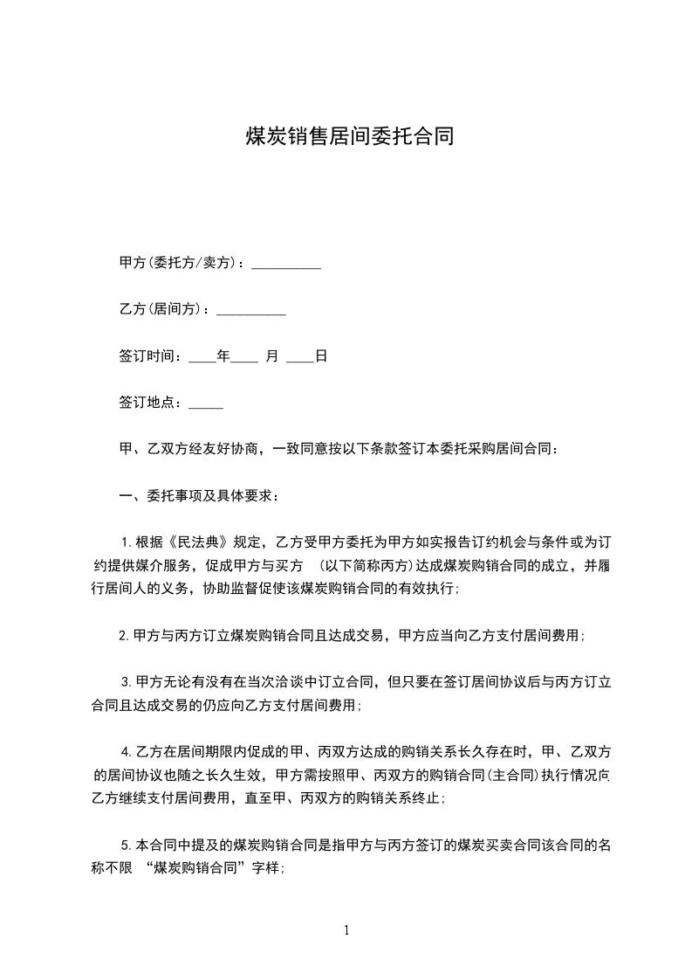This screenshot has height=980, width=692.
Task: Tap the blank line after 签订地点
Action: pyautogui.click(x=206, y=404)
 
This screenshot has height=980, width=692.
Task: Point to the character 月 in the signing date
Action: pyautogui.click(x=271, y=357)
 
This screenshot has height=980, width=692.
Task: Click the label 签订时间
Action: pyautogui.click(x=148, y=357)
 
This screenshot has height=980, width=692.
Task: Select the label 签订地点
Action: pyautogui.click(x=148, y=404)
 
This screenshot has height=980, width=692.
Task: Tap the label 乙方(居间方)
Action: pyautogui.click(x=163, y=310)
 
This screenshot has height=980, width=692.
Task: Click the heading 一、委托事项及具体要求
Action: pyautogui.click(x=200, y=497)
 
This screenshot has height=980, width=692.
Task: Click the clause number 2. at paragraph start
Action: pyautogui.click(x=124, y=636)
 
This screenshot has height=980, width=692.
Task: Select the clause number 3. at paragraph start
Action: pyautogui.click(x=127, y=682)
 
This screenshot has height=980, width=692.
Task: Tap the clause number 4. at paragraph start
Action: pyautogui.click(x=127, y=752)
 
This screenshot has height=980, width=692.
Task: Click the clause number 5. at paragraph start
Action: pyautogui.click(x=127, y=845)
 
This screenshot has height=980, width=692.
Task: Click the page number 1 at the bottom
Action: pyautogui.click(x=346, y=931)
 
